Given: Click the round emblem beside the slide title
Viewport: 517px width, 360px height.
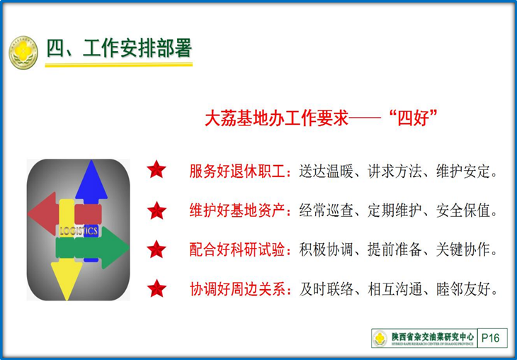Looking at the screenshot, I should click(x=23, y=52).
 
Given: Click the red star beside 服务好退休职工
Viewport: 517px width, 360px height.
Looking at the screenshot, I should click(x=157, y=170).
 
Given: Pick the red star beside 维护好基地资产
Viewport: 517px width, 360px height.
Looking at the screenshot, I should click(x=157, y=210).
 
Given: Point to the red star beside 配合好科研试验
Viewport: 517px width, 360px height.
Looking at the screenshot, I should click(x=157, y=249).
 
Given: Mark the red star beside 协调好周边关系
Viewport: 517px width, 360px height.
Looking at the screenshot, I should click(x=157, y=288).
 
